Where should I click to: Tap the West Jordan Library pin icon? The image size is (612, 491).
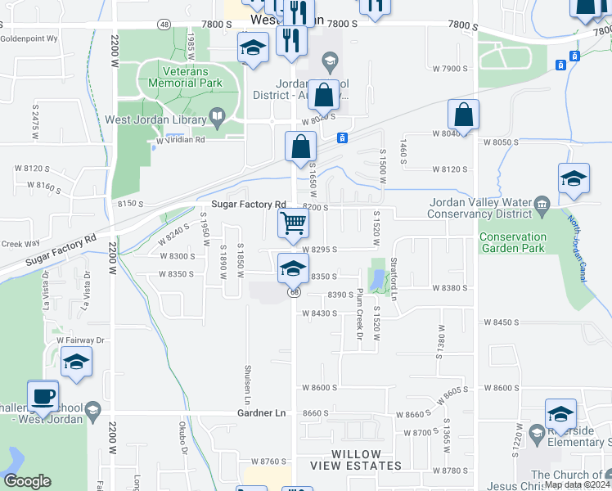coord(217,119)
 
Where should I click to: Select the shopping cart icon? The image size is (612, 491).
coord(293,223)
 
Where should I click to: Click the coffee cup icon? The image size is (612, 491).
coord(43,396)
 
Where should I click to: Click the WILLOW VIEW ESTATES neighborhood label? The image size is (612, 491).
coord(356,460)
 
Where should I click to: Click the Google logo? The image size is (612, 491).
coord(27,481)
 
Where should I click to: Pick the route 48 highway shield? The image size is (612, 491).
coord(164,25)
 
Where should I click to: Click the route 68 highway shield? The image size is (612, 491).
coord(293,292)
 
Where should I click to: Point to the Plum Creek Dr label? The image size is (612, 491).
coord(358,314)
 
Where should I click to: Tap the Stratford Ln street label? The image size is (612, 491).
coord(394,278)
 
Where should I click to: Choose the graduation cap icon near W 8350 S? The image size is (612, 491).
coord(293,268)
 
